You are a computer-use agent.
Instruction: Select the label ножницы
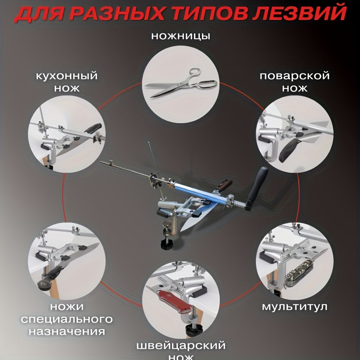pyautogui.click(x=180, y=36)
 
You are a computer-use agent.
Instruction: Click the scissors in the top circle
pyautogui.click(x=181, y=83)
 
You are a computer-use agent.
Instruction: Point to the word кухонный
pyautogui.click(x=67, y=76)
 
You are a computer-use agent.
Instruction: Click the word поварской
pyautogui.click(x=294, y=76)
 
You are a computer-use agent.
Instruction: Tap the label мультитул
pyautogui.click(x=294, y=307)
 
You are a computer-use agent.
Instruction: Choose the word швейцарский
pyautogui.click(x=181, y=346)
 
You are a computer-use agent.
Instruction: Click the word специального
pyautogui.click(x=67, y=319)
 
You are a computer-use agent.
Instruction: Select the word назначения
pyautogui.click(x=67, y=332)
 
